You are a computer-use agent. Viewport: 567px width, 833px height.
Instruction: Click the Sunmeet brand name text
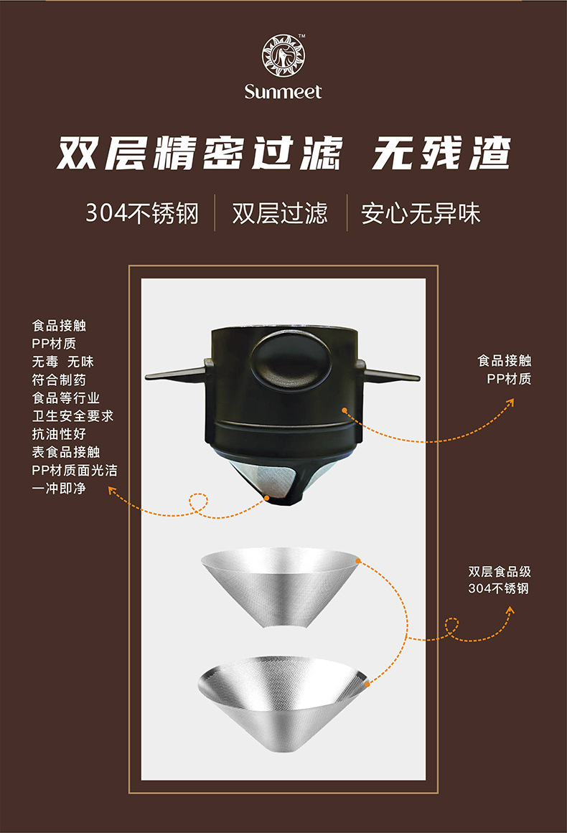point(283,92)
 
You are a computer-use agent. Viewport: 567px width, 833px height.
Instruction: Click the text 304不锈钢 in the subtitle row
point(141,213)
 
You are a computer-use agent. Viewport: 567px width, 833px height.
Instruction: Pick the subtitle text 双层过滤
point(280,213)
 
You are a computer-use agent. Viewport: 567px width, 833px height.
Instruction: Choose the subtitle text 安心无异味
point(421,213)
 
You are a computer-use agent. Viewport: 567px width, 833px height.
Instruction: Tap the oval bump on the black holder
point(283,356)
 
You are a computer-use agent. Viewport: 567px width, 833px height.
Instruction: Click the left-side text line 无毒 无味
point(63,362)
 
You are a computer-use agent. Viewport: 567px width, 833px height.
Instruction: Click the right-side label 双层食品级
point(500,572)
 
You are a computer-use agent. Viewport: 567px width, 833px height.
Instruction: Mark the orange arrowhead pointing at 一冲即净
point(112,491)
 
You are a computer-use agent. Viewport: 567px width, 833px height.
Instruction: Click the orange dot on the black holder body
point(345,410)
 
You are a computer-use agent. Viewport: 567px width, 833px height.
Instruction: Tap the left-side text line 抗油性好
point(59,434)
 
